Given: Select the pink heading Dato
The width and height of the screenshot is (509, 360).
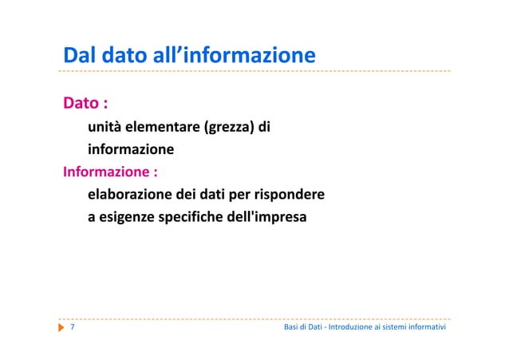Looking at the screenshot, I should [x=81, y=104].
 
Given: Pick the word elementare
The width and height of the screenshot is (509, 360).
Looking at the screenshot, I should [x=164, y=126].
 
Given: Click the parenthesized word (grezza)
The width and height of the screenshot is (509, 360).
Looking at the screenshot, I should [x=231, y=126].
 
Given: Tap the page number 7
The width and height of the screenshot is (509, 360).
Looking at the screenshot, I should [x=73, y=327].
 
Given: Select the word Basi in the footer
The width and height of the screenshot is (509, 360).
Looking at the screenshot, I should [x=292, y=328].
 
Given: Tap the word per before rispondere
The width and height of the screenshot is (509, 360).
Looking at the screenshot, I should [x=240, y=195].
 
